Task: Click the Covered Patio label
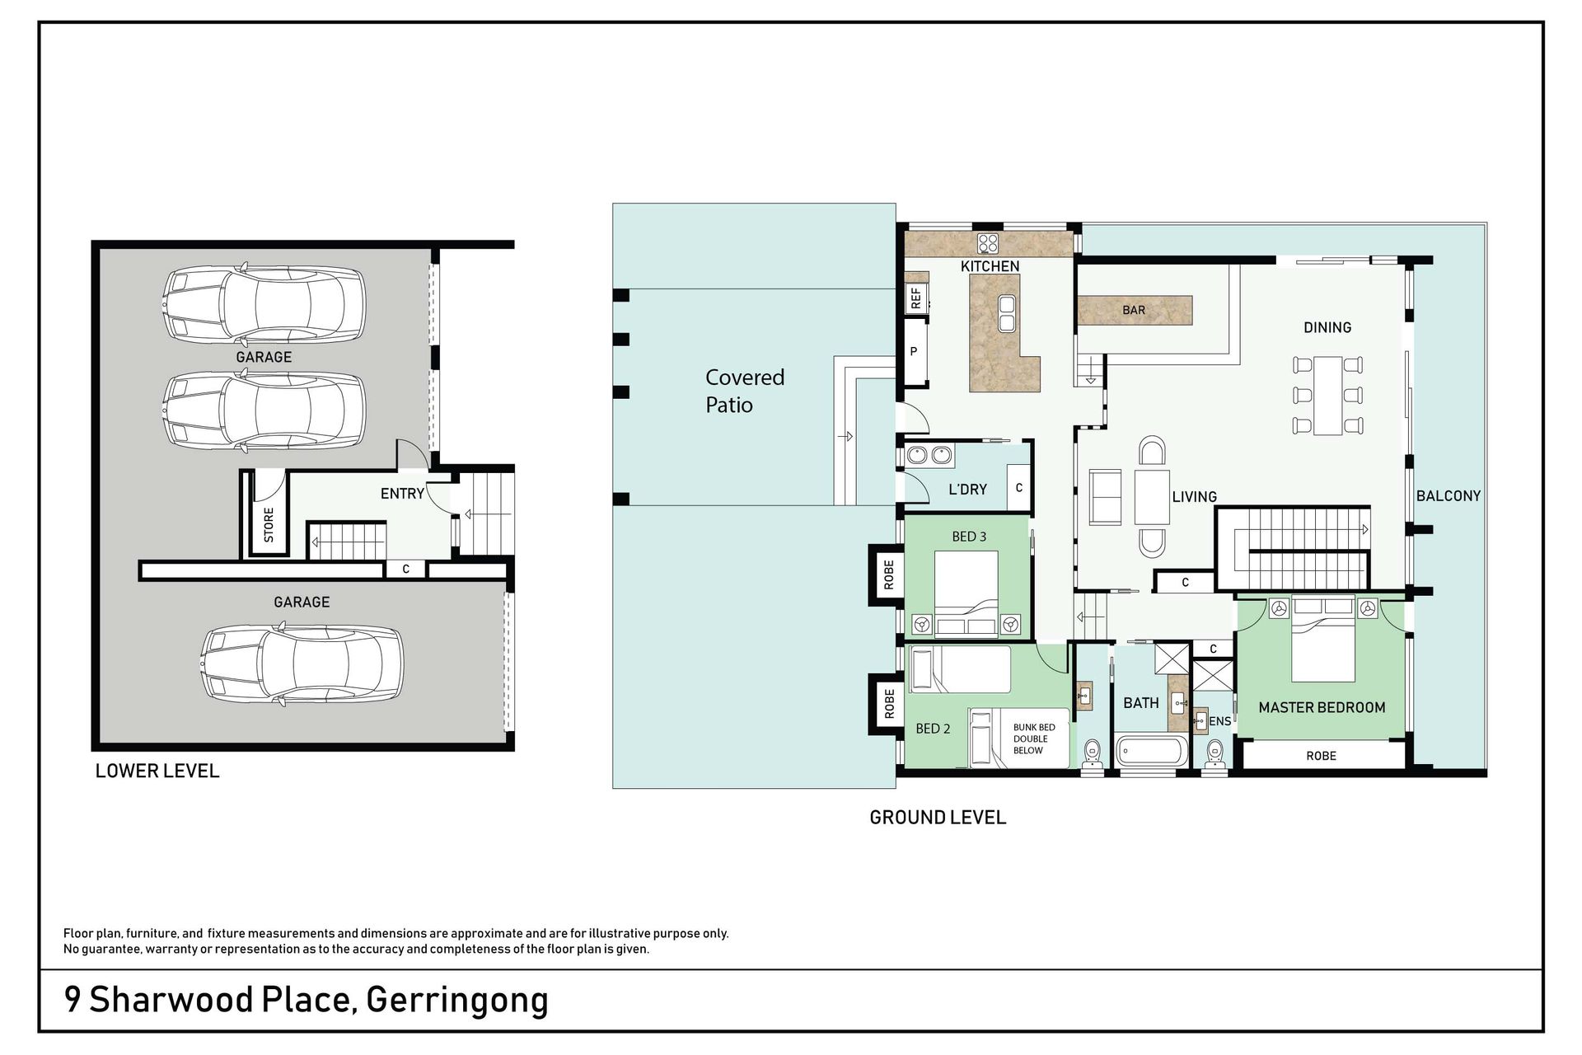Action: tap(745, 391)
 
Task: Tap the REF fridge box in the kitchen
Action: tap(916, 298)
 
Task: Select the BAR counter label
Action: tap(1134, 310)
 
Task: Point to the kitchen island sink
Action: tap(1006, 312)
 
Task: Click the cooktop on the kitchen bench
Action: tap(988, 244)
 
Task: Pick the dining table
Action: tap(1327, 395)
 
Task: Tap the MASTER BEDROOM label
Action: tap(1322, 707)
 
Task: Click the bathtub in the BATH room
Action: tap(1152, 752)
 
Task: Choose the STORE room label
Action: tap(269, 525)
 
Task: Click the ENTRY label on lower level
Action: tap(402, 494)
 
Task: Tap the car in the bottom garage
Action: tap(302, 664)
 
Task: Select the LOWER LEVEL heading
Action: tap(157, 771)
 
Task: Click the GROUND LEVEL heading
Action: tap(938, 818)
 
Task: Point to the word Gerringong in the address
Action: tap(457, 1001)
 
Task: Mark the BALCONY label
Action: tap(1449, 495)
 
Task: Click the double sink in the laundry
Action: tap(929, 454)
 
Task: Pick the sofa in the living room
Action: tap(1105, 497)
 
